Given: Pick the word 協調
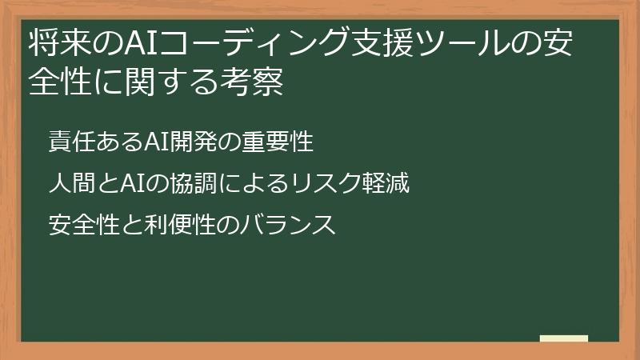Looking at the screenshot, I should click(x=182, y=185).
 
